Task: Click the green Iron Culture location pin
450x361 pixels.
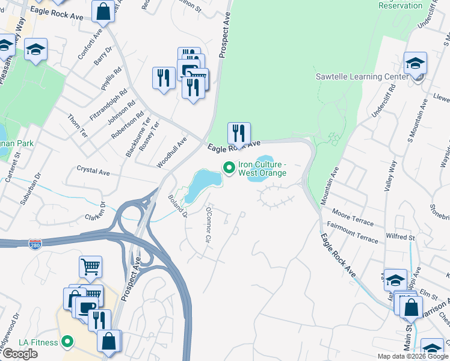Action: [228, 168]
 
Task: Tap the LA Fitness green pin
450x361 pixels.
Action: [67, 342]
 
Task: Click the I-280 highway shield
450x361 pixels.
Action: [35, 244]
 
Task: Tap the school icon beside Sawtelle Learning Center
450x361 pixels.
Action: [415, 63]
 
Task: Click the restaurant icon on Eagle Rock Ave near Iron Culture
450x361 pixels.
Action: [239, 133]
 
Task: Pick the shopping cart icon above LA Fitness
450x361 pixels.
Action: [90, 267]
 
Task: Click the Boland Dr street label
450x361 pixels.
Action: [178, 205]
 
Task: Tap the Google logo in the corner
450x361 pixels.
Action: [20, 354]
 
